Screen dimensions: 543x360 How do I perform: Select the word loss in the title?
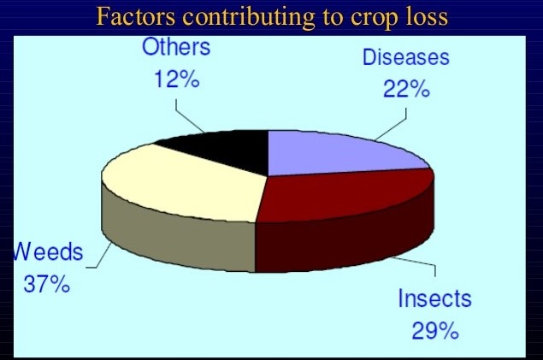coord(427,16)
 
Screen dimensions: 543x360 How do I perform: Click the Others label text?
coord(176,47)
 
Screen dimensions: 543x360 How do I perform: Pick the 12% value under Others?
coord(177,79)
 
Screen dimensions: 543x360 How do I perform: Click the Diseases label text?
coord(406,57)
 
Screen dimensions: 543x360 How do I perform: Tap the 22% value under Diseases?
coord(406,89)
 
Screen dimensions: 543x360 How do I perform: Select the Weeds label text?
coord(48,251)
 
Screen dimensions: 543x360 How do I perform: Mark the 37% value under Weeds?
coord(47,284)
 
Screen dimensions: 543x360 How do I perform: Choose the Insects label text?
coord(434,298)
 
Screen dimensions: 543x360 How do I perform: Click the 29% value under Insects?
coord(435,331)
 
